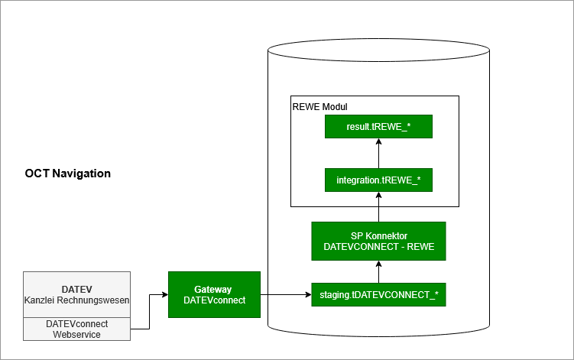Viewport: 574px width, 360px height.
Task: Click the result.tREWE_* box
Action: point(378,126)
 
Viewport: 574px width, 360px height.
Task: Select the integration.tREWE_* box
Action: point(378,180)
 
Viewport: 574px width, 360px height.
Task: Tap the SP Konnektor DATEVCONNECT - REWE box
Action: point(378,241)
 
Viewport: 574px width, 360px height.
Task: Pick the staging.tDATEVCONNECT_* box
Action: point(378,294)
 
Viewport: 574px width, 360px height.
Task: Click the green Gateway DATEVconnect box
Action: point(214,294)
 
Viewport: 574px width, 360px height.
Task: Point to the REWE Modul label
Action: point(320,107)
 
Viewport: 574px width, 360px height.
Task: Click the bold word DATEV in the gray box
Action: point(76,290)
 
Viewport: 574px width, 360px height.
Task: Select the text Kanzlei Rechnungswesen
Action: point(76,300)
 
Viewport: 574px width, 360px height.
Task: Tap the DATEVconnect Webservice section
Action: point(76,329)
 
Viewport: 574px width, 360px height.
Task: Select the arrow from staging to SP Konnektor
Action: point(378,271)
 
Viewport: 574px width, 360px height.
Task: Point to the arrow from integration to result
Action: point(378,153)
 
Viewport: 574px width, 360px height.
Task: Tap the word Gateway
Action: point(213,290)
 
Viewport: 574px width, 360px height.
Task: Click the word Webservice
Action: point(76,335)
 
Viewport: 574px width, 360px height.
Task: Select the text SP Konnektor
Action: point(378,235)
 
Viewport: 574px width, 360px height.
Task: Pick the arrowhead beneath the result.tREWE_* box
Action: point(378,142)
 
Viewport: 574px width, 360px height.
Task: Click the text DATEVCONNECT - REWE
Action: point(378,247)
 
